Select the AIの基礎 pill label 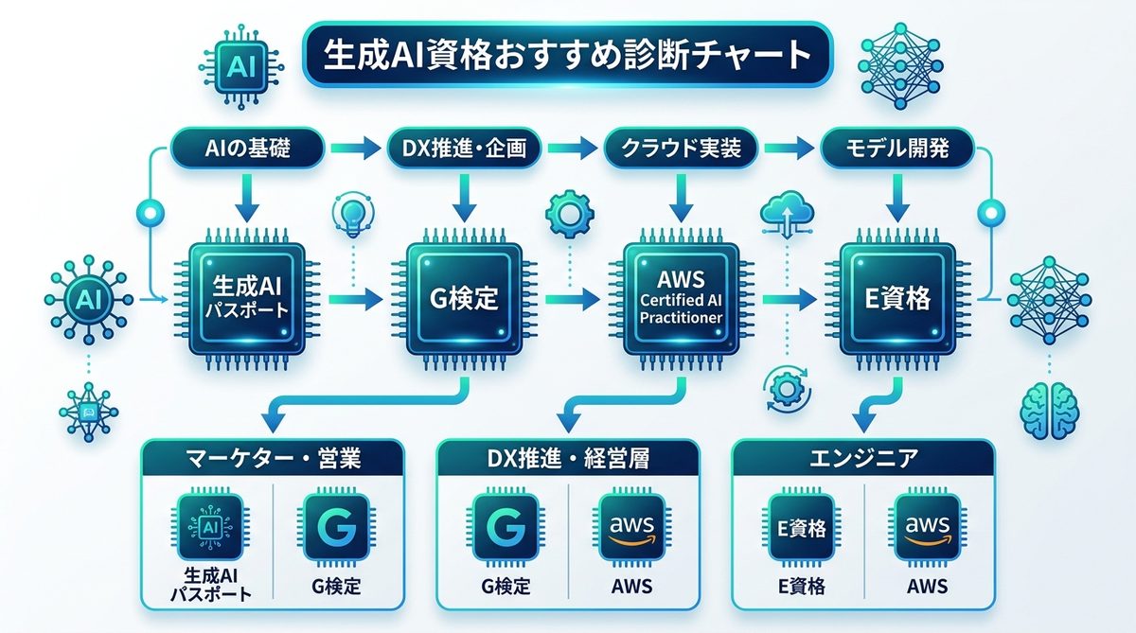pyautogui.click(x=248, y=148)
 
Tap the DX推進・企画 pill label pyautogui.click(x=465, y=148)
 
